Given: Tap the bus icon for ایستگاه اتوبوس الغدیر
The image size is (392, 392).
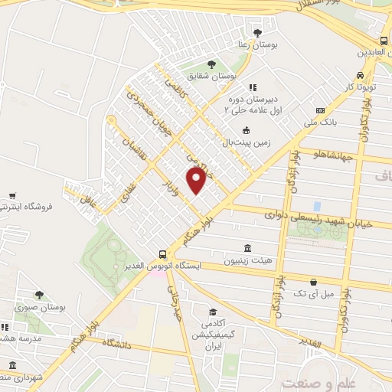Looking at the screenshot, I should [162, 254].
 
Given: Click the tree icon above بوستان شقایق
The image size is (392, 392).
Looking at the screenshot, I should [212, 64].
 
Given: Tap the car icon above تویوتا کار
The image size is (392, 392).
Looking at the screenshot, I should [359, 76].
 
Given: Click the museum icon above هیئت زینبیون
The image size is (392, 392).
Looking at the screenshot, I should [247, 248].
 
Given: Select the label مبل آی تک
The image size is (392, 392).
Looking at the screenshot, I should [313, 294].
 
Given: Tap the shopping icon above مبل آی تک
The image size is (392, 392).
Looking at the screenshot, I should [313, 282].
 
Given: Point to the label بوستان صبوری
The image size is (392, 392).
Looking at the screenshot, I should [38, 307].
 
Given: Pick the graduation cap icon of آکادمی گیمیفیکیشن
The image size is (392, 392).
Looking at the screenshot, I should [213, 312].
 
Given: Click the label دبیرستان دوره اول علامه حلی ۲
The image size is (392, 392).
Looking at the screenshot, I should [252, 105].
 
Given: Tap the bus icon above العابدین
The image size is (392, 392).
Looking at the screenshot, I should [381, 41].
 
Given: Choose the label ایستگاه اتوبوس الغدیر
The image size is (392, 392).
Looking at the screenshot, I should [208, 266].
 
